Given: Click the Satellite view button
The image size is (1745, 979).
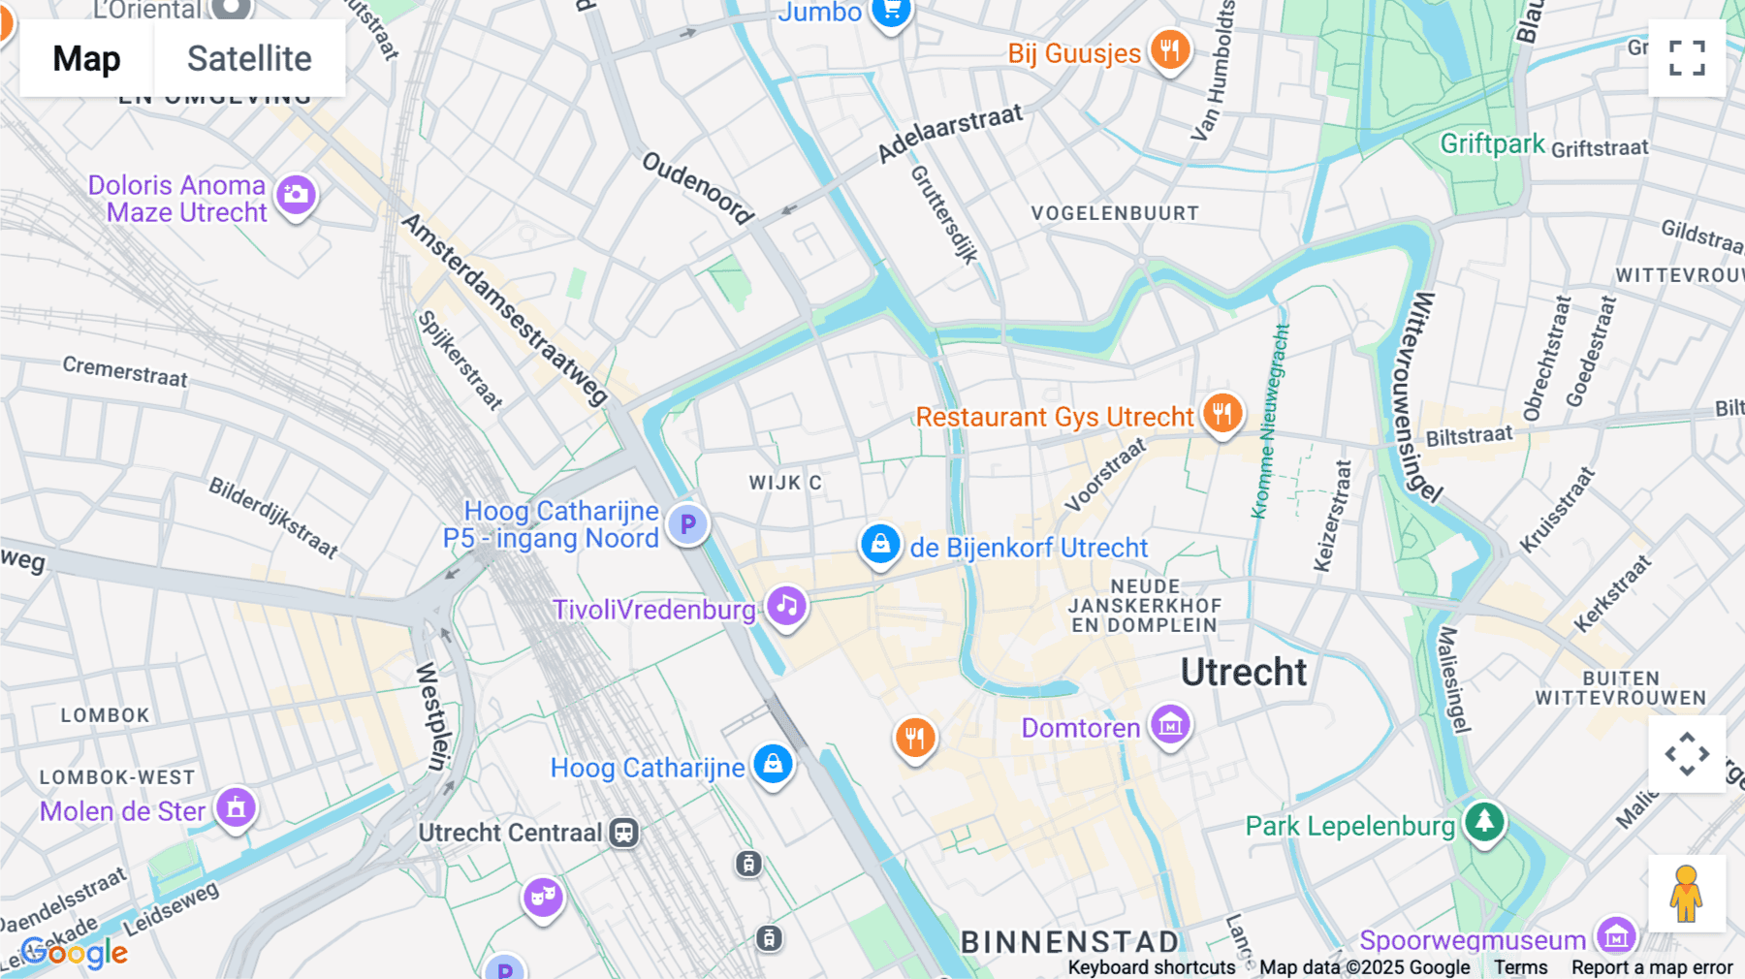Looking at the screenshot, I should click(249, 59).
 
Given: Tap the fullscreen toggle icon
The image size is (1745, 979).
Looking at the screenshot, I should click(1687, 58).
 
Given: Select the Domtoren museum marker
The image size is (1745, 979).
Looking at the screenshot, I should click(1170, 724).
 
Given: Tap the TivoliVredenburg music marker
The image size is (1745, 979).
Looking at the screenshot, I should click(786, 607).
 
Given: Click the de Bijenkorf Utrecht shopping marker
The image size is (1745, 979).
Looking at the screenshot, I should click(880, 544).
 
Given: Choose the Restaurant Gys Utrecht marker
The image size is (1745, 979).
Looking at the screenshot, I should click(1221, 414).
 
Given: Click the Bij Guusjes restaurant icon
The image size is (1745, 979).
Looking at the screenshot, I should click(1170, 49).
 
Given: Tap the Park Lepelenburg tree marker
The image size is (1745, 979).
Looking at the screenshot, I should click(1483, 822).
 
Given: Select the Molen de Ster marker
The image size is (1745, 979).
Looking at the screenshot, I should click(236, 807).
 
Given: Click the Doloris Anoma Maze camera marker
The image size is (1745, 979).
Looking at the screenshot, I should click(296, 195).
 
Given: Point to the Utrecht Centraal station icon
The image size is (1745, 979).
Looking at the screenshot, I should click(623, 833).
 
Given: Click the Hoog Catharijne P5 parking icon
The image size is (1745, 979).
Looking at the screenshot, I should click(687, 524).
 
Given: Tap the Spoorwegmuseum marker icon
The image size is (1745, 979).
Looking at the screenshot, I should click(1616, 937).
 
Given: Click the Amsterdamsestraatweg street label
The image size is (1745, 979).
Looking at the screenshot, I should click(504, 309).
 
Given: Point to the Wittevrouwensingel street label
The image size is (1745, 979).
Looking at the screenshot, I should click(1415, 397).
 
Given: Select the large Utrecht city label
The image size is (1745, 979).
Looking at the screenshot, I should click(1244, 672).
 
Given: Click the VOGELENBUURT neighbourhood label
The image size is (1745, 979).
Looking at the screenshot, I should click(1115, 213).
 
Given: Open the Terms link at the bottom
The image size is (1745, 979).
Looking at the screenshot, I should click(1520, 967).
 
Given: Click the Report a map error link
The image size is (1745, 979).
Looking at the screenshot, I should click(1652, 967).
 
